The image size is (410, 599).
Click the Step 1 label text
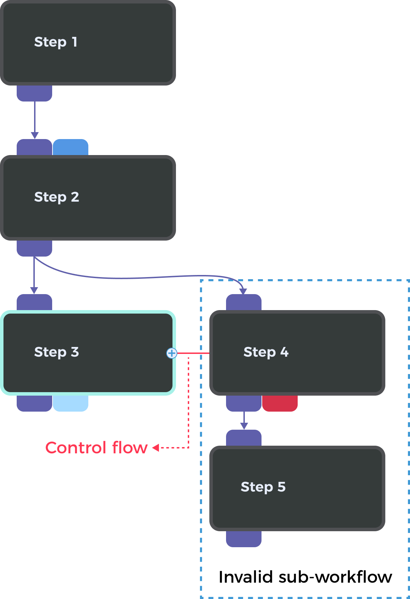coord(56,42)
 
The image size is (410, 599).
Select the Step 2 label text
coord(56,197)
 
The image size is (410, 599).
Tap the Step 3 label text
coord(56,352)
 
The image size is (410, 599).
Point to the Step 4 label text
coord(266,352)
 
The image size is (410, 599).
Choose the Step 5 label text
coord(263,487)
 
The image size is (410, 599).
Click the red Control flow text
coord(96,448)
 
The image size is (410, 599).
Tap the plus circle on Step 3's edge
coord(171,353)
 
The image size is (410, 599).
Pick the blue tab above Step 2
coord(71,147)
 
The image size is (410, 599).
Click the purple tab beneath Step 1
coord(34,93)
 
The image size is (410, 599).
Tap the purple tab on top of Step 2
coord(34,147)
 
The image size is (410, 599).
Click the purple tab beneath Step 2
coord(34,248)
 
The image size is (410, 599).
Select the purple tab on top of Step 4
coord(244,302)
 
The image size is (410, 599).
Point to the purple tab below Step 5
coord(244,539)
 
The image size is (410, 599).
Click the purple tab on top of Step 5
coord(244,438)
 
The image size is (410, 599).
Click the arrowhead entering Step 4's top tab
coord(243,291)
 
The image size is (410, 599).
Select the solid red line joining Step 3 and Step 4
coord(193,353)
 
